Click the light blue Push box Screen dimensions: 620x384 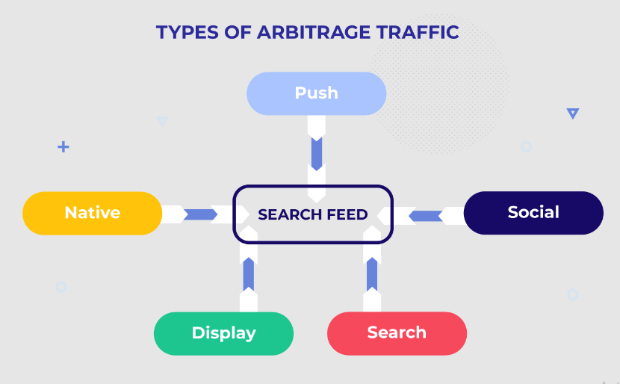[x=316, y=93]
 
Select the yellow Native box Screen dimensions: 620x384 [x=92, y=213]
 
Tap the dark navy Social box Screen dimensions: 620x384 [x=533, y=213]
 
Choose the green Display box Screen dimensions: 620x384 [x=223, y=333]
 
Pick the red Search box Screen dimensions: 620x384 [x=397, y=333]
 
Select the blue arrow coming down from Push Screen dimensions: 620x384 [x=317, y=154]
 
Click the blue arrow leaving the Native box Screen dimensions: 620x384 [x=200, y=214]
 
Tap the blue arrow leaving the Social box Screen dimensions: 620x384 [x=426, y=216]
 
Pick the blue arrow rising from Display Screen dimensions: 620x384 [x=249, y=275]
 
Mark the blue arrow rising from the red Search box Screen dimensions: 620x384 [x=372, y=275]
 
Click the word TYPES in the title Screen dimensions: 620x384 [x=187, y=32]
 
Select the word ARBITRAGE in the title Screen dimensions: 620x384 [x=314, y=32]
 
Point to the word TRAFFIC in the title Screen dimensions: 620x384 [x=418, y=32]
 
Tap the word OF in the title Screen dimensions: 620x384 [x=238, y=32]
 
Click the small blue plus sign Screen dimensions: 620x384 [x=63, y=147]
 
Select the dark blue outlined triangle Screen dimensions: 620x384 [x=573, y=114]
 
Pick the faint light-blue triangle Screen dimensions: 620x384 [x=163, y=121]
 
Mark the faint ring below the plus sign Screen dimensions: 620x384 [x=61, y=287]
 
